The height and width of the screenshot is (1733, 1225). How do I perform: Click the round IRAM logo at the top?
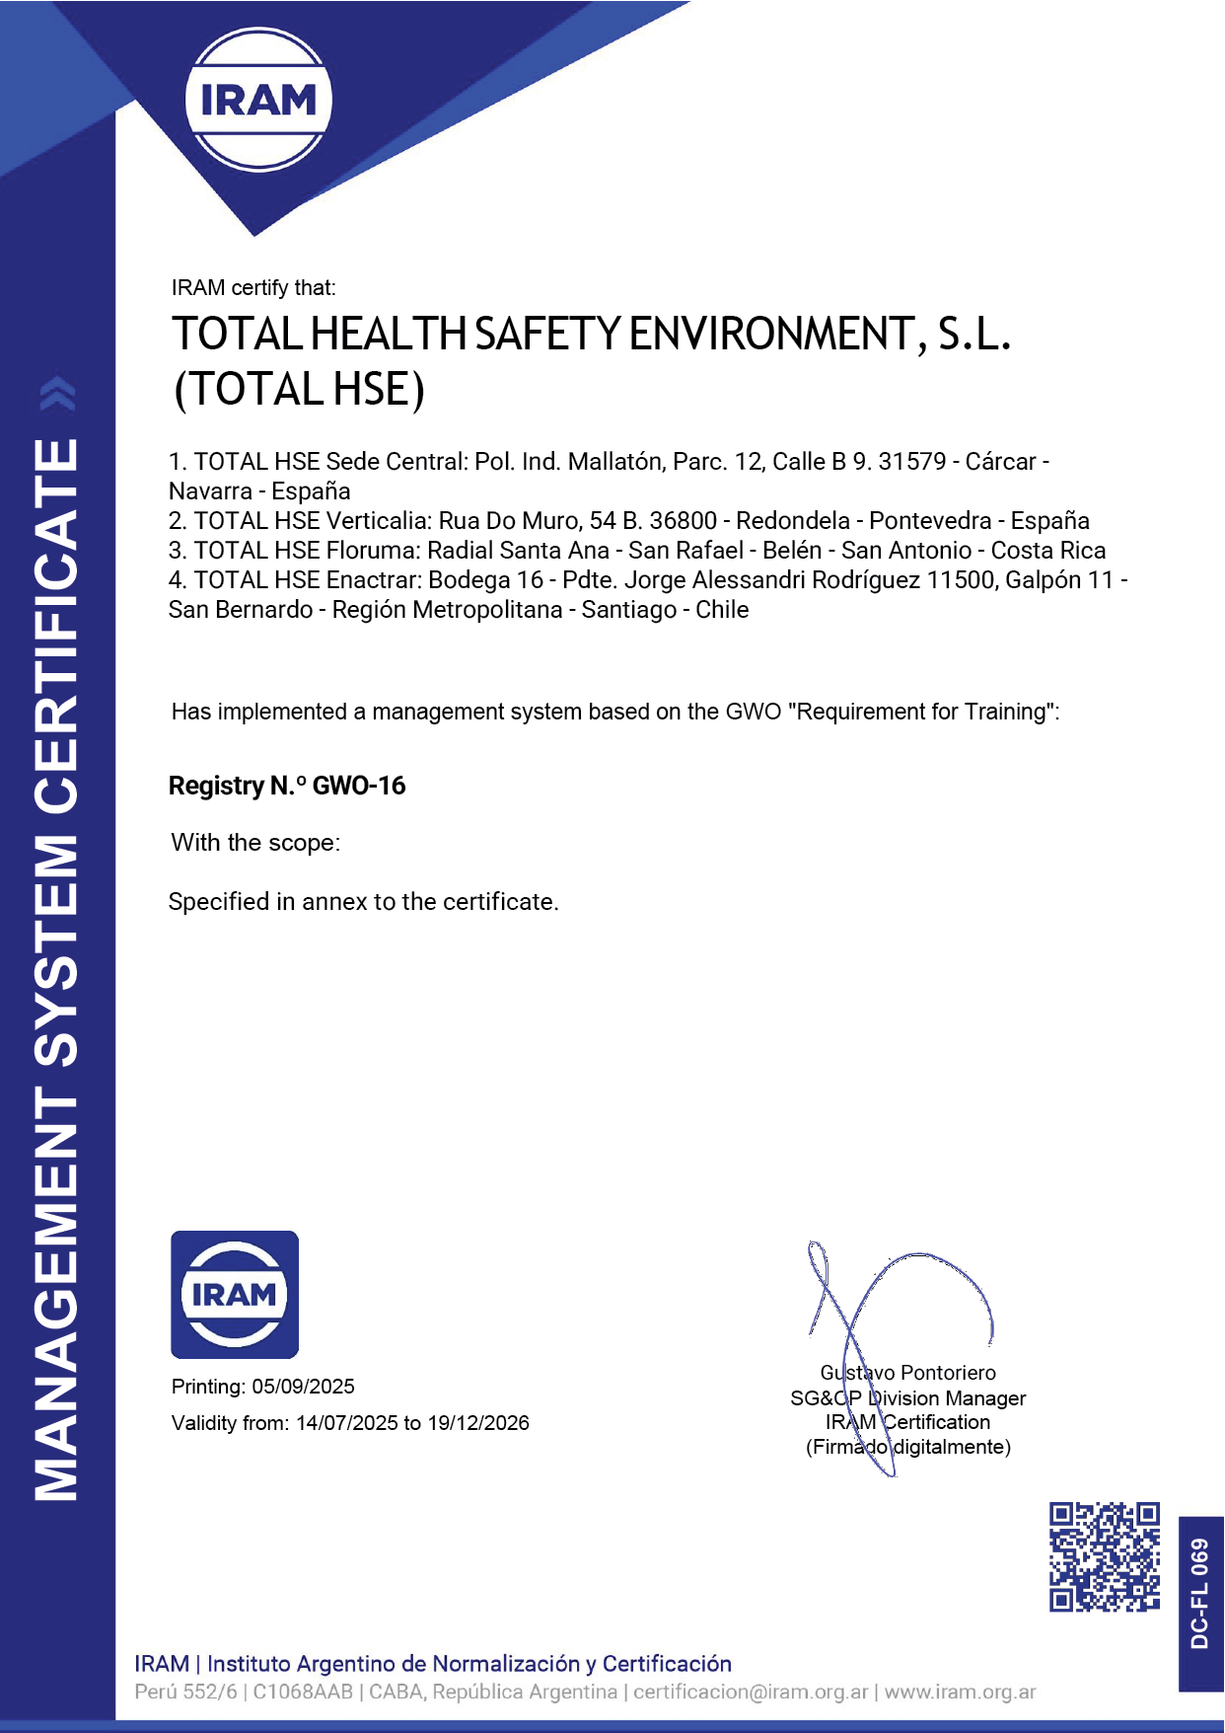[x=258, y=100]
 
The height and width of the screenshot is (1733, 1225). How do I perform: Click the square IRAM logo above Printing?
[x=235, y=1294]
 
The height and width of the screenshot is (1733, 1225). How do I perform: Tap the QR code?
[x=1104, y=1556]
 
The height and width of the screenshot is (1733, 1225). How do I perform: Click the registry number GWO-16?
[x=359, y=786]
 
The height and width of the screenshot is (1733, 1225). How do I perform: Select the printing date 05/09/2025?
[x=303, y=1387]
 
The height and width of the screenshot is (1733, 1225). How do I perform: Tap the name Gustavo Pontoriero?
[x=907, y=1373]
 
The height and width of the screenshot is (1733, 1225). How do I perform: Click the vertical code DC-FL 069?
[x=1199, y=1593]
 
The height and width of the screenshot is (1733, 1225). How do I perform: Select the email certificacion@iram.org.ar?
[x=751, y=1692]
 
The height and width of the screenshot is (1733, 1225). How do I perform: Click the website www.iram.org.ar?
[x=960, y=1692]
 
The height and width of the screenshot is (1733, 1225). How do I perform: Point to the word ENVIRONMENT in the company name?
[x=770, y=335]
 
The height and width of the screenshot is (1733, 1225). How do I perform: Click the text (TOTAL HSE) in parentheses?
[x=299, y=389]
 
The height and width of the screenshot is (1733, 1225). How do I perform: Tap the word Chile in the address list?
[x=722, y=610]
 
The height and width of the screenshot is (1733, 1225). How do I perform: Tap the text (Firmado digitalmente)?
[x=907, y=1447]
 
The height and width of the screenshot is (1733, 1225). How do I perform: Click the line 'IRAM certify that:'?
[x=253, y=288]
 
